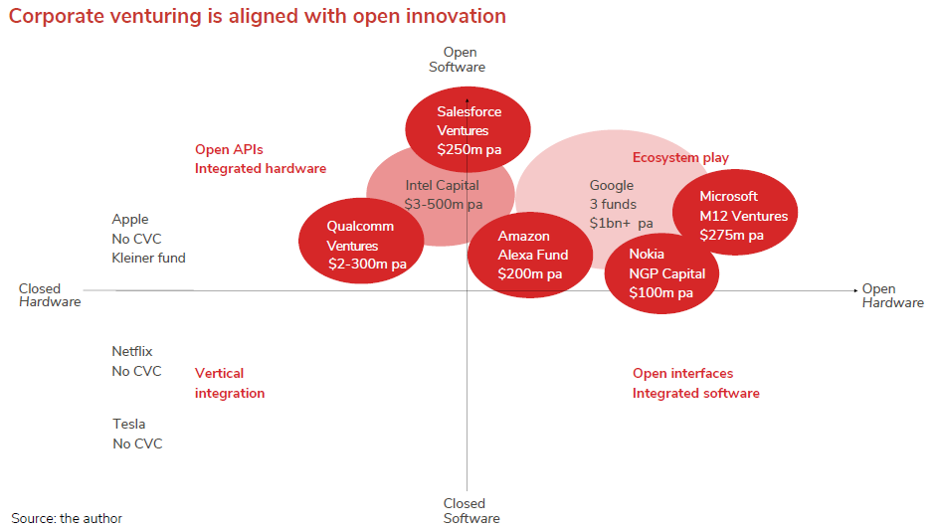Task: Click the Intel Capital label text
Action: click(x=443, y=186)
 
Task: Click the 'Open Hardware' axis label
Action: click(x=891, y=295)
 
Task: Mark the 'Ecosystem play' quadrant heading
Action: click(x=680, y=158)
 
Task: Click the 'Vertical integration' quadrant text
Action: click(x=229, y=383)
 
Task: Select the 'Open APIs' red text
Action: click(x=229, y=150)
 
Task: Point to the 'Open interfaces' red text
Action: click(x=682, y=374)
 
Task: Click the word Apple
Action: click(x=130, y=220)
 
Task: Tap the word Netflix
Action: click(x=132, y=351)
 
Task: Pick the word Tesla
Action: click(x=128, y=425)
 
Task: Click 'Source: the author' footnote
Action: click(x=67, y=518)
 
